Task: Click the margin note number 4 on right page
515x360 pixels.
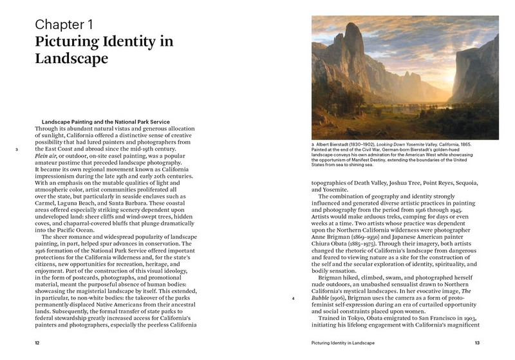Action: pyautogui.click(x=294, y=299)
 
